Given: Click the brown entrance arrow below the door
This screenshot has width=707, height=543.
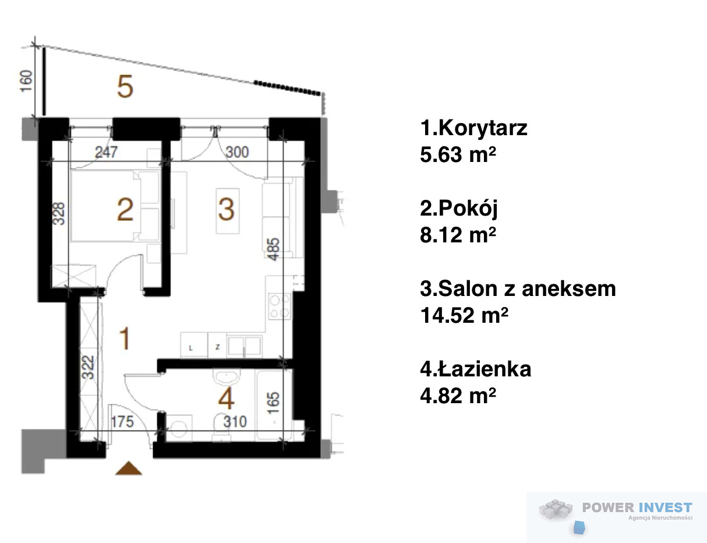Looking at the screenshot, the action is click(129, 468).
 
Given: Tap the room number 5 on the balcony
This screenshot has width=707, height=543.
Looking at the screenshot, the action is click(125, 86).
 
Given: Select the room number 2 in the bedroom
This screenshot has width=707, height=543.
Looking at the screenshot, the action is click(125, 210).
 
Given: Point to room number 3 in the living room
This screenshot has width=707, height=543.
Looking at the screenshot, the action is click(227, 209).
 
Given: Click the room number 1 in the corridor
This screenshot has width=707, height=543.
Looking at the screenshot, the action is click(125, 339).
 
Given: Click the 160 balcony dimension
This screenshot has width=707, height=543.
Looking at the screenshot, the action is click(26, 81).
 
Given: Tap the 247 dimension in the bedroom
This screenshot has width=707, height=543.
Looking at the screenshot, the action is click(106, 152).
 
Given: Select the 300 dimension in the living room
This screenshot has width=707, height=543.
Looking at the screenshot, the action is click(237, 152).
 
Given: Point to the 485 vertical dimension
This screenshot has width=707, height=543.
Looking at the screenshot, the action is click(273, 249).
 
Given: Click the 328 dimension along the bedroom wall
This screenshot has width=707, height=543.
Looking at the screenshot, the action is click(59, 213).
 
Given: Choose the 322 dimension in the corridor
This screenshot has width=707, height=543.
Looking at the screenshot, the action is click(88, 367).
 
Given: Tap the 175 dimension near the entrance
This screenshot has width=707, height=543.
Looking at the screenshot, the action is click(122, 422).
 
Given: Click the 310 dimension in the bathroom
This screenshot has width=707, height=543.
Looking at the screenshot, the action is click(235, 422).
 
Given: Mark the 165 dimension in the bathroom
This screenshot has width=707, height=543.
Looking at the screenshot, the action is click(273, 403).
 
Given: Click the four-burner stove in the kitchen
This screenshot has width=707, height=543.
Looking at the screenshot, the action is click(280, 306).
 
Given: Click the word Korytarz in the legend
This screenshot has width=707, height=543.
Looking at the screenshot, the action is click(483, 128).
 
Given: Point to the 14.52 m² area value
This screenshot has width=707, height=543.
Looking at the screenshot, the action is click(464, 315).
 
